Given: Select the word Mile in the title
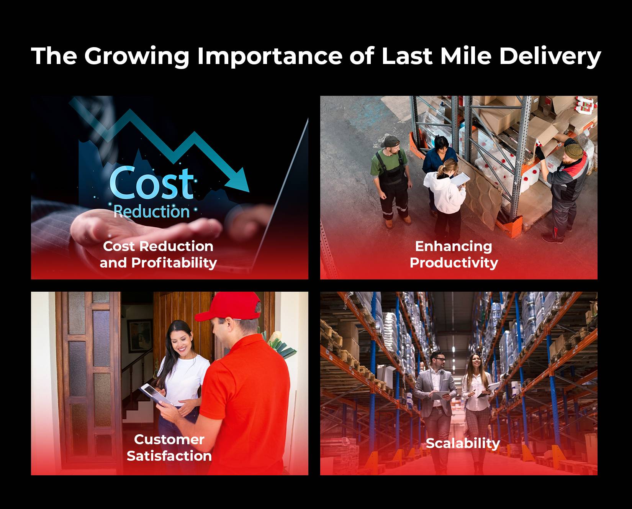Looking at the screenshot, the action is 465,56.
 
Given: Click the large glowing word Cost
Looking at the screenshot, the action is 152,183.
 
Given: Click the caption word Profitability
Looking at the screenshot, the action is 174,263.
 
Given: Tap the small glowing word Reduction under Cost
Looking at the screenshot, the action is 152,212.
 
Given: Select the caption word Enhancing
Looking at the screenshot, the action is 454,246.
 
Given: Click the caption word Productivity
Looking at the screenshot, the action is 454,263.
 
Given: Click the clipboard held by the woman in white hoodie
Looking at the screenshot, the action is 460,179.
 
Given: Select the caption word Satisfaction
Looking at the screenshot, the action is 169,456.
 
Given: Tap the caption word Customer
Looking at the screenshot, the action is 169,440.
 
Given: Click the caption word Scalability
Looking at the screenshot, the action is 463,443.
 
